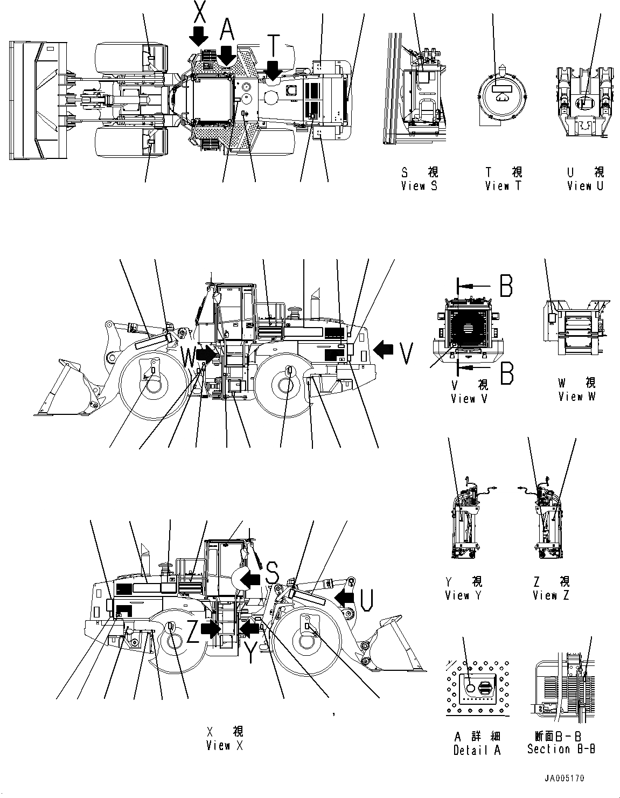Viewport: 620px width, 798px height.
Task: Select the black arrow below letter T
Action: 274,70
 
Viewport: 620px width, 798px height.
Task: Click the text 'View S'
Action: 419,186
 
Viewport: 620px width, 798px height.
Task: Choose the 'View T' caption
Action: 503,186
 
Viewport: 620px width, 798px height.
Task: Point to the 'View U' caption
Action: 585,186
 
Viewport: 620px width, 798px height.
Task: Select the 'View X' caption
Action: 225,746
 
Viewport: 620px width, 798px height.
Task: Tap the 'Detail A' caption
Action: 477,750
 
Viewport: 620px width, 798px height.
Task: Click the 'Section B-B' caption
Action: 561,749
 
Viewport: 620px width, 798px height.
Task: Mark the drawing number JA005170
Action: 565,779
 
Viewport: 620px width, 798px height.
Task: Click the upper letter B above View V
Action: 506,286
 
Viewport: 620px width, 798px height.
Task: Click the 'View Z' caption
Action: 551,595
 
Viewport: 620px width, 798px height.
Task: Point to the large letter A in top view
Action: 227,31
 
